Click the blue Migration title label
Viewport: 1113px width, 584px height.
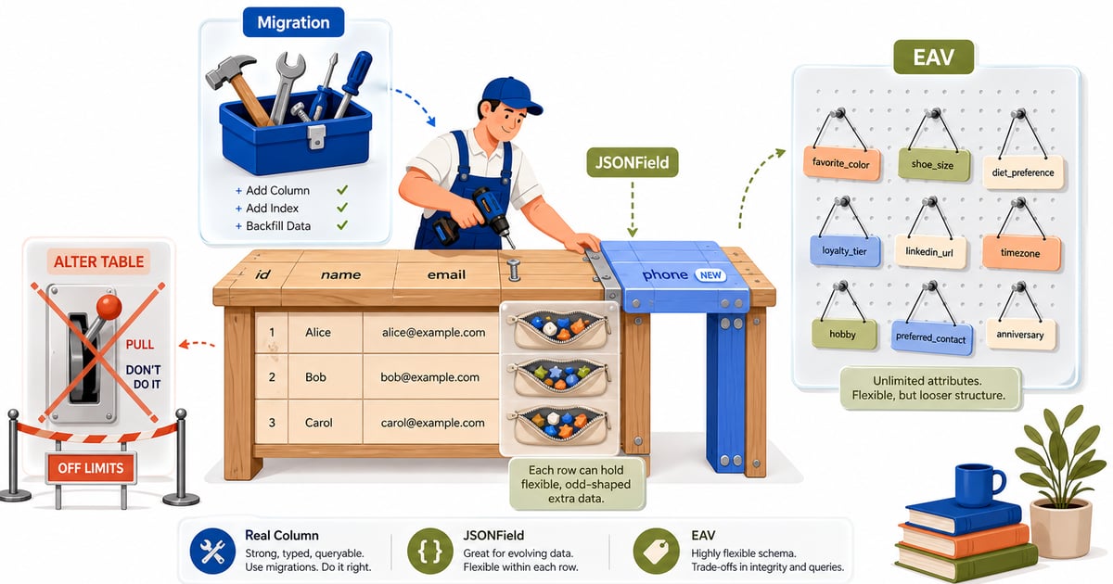point(293,22)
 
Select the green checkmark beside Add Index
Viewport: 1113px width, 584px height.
point(342,208)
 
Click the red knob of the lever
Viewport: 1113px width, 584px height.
point(109,307)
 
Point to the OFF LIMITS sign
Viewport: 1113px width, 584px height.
point(91,468)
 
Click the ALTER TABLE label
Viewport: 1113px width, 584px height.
point(98,261)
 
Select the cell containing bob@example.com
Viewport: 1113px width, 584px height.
point(430,377)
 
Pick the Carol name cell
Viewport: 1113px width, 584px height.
point(326,423)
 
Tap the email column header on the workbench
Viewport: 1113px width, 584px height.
point(446,274)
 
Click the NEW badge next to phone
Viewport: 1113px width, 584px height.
point(710,275)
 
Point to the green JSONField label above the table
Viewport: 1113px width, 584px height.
point(632,162)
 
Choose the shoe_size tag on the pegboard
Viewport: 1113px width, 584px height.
point(934,164)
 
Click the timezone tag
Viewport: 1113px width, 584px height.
point(1021,252)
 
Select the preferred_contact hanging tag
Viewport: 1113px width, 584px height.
point(931,337)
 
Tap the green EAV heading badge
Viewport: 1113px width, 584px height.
point(933,57)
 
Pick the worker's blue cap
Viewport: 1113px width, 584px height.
point(510,95)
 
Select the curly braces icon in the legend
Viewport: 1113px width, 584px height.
point(430,551)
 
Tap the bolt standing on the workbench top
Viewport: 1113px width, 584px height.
point(514,270)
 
